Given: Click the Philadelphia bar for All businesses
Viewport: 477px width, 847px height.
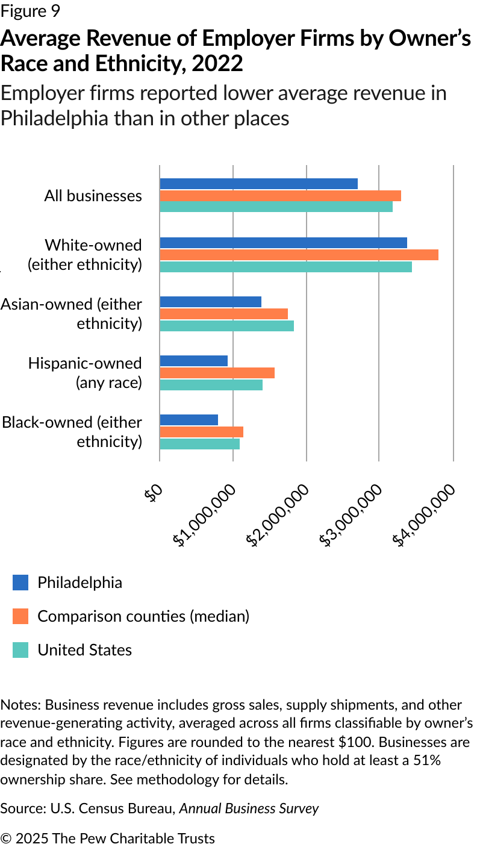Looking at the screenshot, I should click(x=259, y=184).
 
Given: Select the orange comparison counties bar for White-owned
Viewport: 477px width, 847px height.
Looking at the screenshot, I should click(x=299, y=254).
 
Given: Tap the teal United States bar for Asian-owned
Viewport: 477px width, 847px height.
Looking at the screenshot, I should click(x=226, y=325).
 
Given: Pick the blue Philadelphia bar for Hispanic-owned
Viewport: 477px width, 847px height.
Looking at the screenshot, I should click(x=194, y=361).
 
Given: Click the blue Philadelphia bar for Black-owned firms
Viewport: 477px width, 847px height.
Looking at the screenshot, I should click(x=189, y=420).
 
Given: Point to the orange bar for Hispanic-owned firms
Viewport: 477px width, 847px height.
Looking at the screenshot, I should click(x=217, y=373).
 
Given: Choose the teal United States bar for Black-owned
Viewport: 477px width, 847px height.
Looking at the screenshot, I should click(x=200, y=444).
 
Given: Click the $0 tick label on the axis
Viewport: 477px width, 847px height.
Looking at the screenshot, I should click(x=153, y=493).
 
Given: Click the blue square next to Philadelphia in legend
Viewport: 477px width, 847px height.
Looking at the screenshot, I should click(x=20, y=583).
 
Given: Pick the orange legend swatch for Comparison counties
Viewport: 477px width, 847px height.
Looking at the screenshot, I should click(x=20, y=616).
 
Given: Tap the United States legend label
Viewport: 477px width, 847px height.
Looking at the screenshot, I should click(x=84, y=650).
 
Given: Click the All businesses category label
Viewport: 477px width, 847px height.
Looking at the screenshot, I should click(x=93, y=196).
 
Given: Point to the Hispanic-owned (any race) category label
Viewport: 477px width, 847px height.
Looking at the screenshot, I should click(x=85, y=373).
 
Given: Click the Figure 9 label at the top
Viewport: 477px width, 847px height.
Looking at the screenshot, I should click(x=30, y=11).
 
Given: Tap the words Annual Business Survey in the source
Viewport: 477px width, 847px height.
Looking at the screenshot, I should click(x=249, y=808).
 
